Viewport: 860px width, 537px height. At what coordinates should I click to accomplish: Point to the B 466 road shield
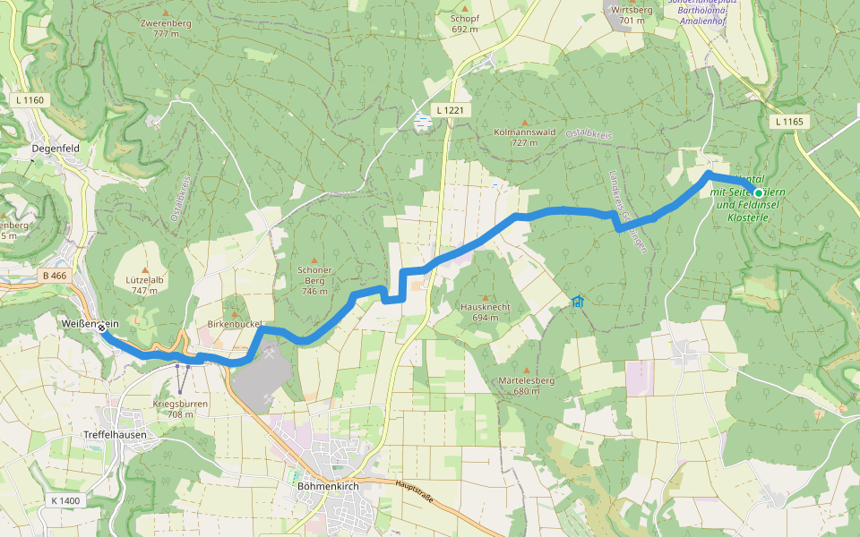coord(54,276)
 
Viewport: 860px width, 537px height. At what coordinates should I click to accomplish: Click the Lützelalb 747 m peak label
coord(144,285)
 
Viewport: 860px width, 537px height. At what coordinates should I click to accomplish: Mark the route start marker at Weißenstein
coord(102,328)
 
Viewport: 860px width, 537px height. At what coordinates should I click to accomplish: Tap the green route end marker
coord(758,192)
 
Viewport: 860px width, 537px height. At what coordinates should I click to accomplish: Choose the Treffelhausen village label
coord(114,434)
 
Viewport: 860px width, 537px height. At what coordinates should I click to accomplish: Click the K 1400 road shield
coord(65,500)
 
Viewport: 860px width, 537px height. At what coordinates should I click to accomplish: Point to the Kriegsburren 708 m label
coord(180,408)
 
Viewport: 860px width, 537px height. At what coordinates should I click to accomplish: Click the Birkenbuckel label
coord(234,326)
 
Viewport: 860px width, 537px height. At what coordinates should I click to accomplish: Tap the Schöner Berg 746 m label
coord(314,280)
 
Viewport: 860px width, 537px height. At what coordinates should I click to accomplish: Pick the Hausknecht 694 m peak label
coord(485,311)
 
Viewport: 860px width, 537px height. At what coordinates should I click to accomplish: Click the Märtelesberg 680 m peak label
coord(526,386)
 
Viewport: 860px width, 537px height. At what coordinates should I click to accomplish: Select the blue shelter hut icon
coord(578,302)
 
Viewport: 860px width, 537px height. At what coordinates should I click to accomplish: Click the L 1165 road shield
coord(788,121)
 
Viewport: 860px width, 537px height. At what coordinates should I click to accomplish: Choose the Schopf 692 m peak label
coord(465,23)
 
